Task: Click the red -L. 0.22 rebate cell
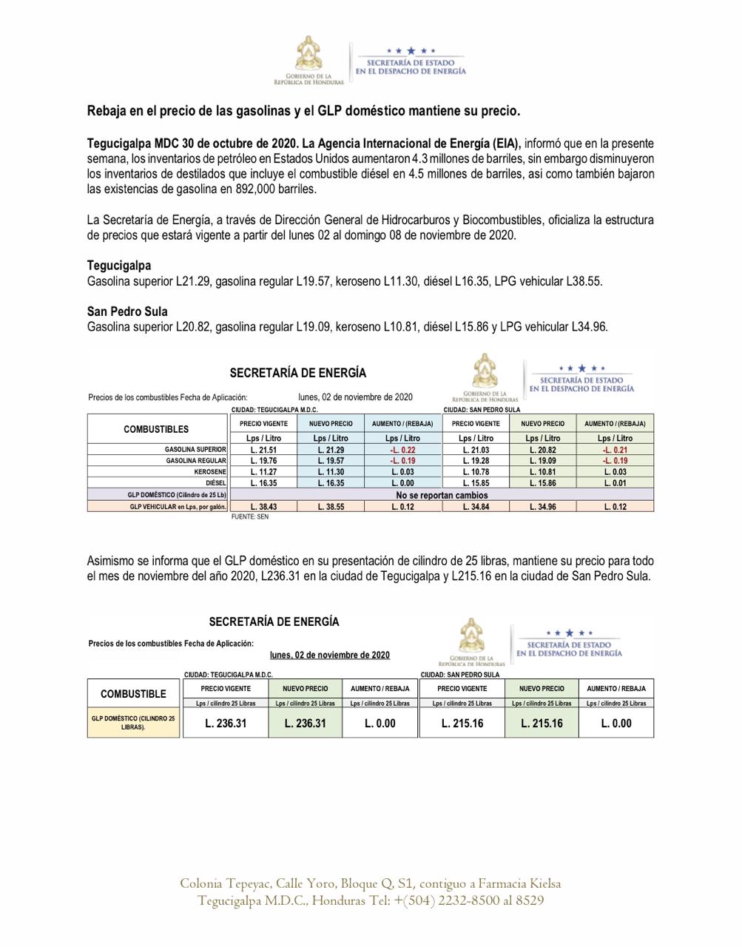[x=403, y=450]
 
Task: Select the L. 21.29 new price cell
[x=331, y=450]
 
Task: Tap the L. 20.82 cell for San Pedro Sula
[x=542, y=450]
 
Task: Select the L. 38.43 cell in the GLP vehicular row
[x=263, y=507]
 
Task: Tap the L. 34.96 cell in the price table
[x=542, y=507]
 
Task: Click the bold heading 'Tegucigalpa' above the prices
[x=119, y=265]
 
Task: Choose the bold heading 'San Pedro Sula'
[x=127, y=311]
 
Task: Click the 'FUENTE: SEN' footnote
[x=250, y=517]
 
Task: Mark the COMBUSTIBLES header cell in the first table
[x=156, y=429]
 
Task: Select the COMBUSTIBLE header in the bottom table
[x=133, y=694]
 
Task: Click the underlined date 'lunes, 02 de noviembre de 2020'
[x=330, y=655]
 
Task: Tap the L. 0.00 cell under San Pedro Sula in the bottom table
[x=616, y=724]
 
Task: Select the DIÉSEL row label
[x=215, y=483]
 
